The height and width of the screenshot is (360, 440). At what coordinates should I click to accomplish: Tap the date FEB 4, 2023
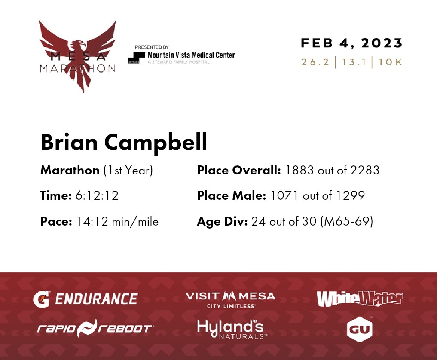[x=351, y=43]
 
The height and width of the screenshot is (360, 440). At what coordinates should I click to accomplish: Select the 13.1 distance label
[x=354, y=62]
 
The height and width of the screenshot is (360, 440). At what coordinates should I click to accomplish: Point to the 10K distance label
[x=390, y=62]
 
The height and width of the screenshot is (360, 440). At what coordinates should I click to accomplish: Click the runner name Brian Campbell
[x=124, y=142]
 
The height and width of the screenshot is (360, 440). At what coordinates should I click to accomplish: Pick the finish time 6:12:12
[x=97, y=195]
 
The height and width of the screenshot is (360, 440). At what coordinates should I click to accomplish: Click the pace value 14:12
[x=92, y=221]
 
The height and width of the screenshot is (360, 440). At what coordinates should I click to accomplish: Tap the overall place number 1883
[x=299, y=170]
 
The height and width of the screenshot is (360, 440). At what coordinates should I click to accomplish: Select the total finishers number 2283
[x=365, y=170]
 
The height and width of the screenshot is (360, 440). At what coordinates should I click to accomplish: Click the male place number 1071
[x=284, y=195]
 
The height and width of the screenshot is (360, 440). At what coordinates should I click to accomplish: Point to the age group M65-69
[x=347, y=221]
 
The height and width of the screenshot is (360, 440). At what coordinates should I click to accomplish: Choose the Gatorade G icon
[x=42, y=299]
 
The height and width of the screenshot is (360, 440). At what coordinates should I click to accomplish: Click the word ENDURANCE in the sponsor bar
[x=96, y=299]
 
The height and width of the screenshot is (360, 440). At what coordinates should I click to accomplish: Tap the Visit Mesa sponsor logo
[x=230, y=299]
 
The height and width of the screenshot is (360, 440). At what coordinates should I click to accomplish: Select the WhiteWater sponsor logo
[x=360, y=299]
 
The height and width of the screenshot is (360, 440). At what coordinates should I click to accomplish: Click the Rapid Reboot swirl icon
[x=87, y=328]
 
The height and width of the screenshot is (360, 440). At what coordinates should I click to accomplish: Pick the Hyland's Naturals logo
[x=232, y=329]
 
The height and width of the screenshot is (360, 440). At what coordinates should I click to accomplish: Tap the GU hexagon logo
[x=360, y=329]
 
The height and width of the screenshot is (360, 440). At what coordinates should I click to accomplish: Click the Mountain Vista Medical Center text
[x=191, y=55]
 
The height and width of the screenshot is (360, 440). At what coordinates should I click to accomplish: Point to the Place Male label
[x=232, y=195]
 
